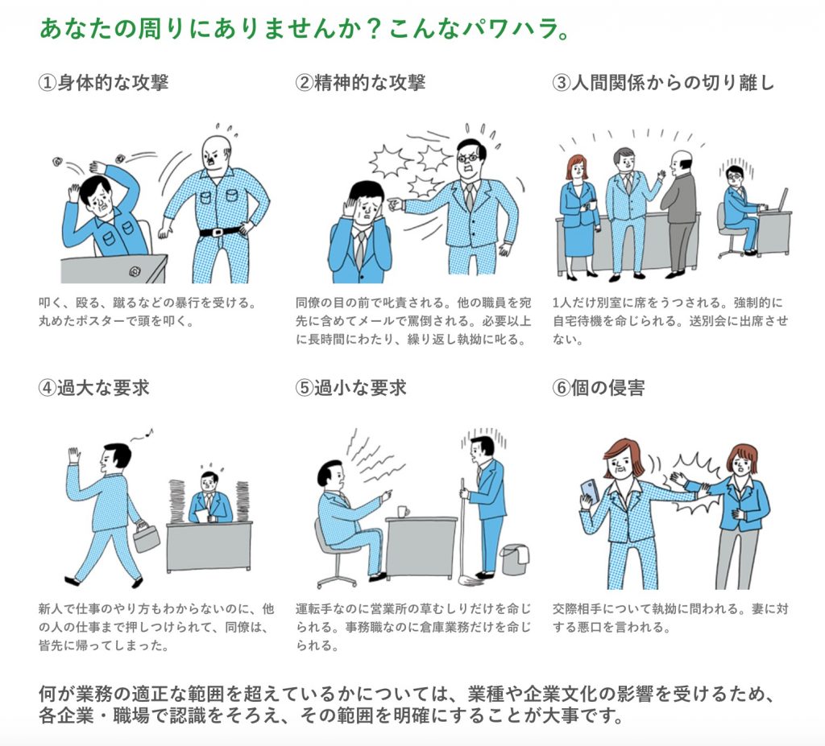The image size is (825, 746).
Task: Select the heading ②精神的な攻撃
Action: coord(360,83)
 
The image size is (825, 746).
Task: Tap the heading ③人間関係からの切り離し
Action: coord(663,83)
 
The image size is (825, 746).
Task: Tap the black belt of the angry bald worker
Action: coord(220,231)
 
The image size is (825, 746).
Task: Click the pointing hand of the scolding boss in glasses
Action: coord(394,204)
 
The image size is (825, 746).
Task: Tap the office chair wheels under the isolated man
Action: coord(730,254)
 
